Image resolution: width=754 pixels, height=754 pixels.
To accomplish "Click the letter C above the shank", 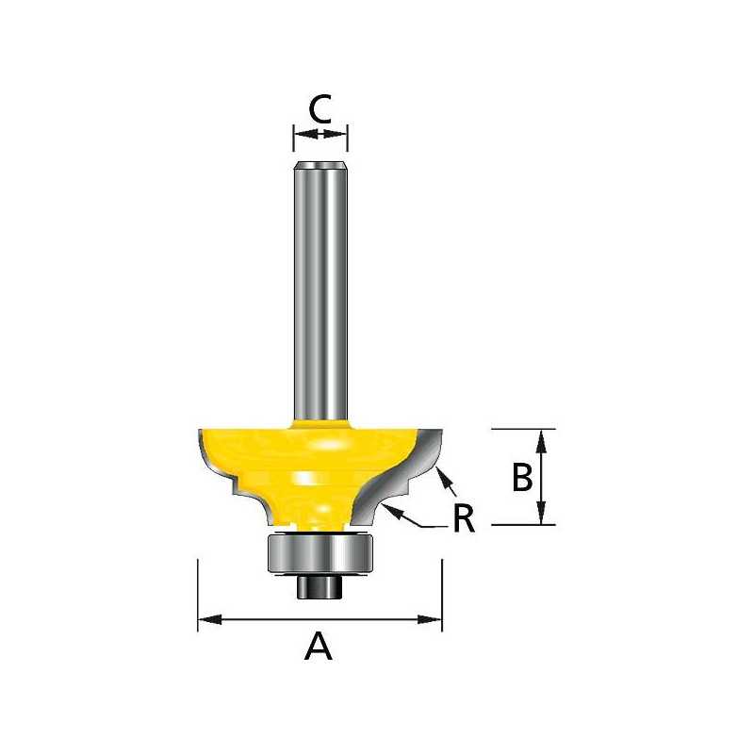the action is pyautogui.click(x=320, y=108).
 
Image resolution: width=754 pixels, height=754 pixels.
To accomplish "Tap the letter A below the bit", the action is pyautogui.click(x=319, y=647).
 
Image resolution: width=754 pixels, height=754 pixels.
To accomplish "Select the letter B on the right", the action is pyautogui.click(x=522, y=477).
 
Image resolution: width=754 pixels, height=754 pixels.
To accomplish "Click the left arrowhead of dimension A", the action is pyautogui.click(x=210, y=620).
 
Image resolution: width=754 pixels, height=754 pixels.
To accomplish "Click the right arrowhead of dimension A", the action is pyautogui.click(x=430, y=620).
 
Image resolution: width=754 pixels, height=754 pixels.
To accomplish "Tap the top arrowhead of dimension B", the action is pyautogui.click(x=541, y=441).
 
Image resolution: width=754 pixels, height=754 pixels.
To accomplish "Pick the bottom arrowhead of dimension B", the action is pyautogui.click(x=541, y=513).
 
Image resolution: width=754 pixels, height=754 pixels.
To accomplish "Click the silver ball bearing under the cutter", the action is pyautogui.click(x=320, y=552).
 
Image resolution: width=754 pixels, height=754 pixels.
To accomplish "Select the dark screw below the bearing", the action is pyautogui.click(x=320, y=586).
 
